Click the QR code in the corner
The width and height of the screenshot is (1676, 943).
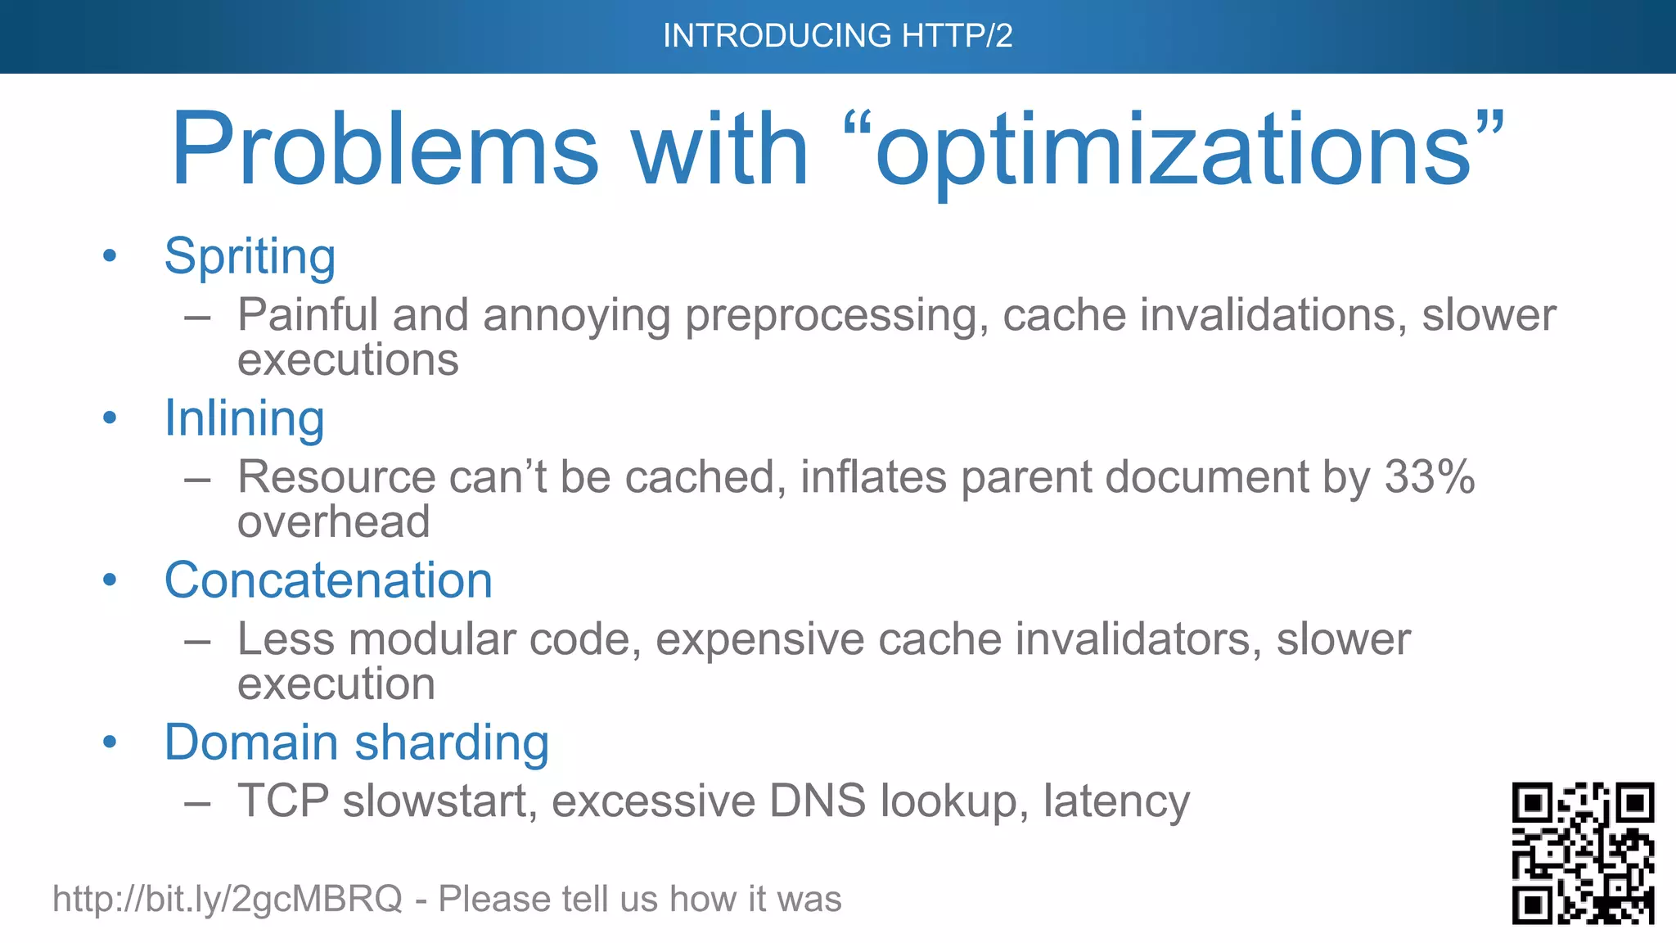coord(1583,853)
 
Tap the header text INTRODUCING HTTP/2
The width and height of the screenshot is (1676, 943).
coord(837,36)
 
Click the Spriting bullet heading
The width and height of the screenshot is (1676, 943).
coord(250,257)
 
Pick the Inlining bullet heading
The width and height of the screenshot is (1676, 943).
coord(244,419)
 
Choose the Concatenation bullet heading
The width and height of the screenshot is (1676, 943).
coord(328,580)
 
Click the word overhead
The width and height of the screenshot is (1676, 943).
coord(333,522)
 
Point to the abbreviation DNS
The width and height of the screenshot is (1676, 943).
coord(817,801)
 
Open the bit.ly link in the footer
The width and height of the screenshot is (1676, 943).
coord(227,899)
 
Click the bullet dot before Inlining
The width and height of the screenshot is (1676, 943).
coord(110,418)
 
